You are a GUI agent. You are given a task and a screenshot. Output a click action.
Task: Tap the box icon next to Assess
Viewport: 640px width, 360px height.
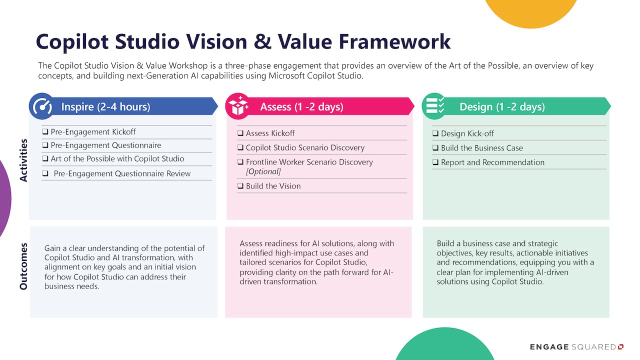239,106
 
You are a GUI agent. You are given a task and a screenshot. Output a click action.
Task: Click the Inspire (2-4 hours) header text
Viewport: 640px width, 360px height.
105,107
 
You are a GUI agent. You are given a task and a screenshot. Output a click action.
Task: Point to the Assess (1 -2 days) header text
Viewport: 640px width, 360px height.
301,107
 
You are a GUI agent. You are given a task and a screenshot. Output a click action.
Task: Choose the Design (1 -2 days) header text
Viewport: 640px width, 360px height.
502,107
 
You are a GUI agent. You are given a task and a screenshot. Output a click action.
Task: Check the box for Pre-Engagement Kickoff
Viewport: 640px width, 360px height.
45,131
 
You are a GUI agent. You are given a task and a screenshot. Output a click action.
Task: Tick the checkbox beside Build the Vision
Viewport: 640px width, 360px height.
240,186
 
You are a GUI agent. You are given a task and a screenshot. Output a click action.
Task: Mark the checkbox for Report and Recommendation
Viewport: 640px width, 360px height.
435,162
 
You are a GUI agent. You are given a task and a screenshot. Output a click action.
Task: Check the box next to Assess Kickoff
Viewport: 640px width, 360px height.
240,133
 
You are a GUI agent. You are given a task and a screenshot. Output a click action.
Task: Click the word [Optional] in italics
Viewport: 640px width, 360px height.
263,171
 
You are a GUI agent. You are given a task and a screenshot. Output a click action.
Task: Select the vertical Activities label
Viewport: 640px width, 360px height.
23,160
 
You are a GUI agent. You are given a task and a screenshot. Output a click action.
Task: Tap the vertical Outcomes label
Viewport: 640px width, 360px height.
23,266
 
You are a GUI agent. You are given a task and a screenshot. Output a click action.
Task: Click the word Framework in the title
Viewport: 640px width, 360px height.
394,41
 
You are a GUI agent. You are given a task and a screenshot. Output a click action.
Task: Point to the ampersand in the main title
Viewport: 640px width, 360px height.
262,41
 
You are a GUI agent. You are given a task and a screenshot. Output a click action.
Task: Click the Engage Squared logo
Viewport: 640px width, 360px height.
576,347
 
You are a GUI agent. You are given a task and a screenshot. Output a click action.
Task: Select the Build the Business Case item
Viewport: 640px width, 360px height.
481,148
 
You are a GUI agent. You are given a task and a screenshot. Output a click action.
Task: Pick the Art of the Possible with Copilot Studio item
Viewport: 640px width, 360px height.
117,159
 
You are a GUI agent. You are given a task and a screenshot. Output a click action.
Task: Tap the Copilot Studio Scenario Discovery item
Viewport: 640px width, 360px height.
305,147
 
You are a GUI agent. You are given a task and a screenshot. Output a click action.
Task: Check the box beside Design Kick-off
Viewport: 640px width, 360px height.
435,133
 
